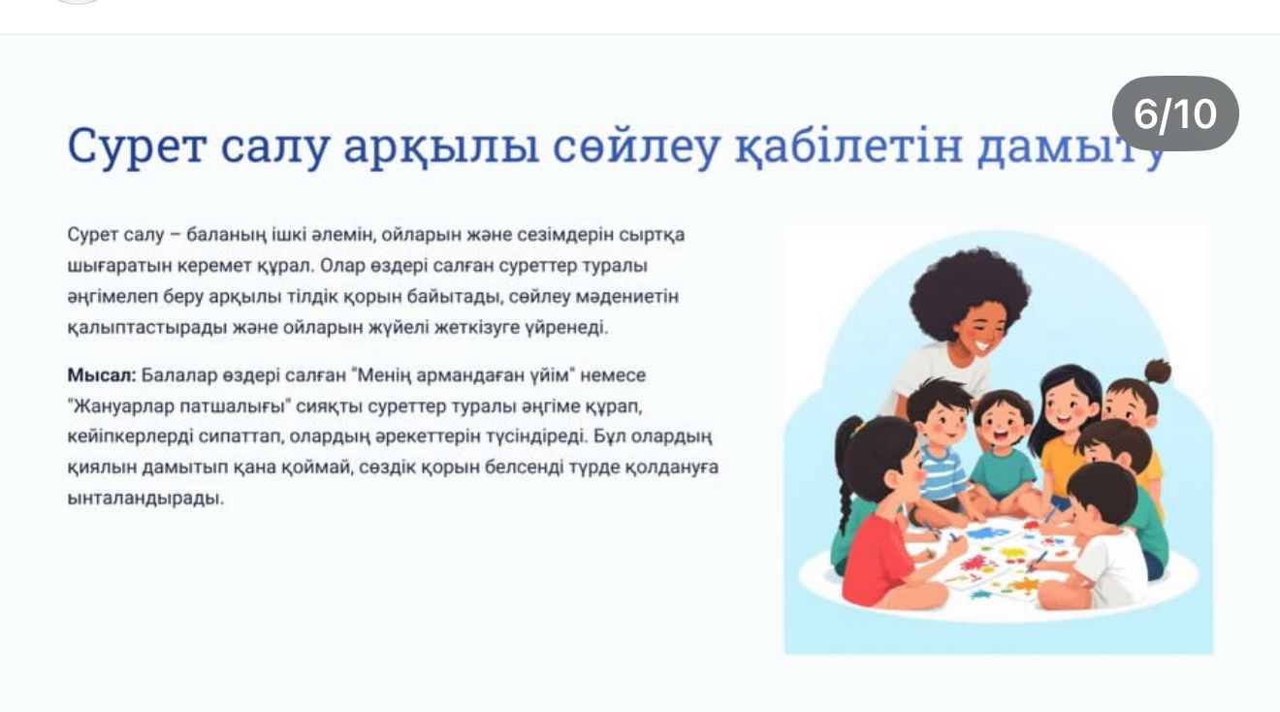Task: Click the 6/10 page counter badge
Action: click(1175, 113)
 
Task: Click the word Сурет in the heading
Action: click(136, 146)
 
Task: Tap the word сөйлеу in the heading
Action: click(635, 146)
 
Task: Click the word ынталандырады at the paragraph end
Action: click(145, 499)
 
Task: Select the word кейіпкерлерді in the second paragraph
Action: click(130, 437)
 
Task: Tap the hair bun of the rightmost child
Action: click(1157, 372)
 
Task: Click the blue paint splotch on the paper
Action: click(987, 534)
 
